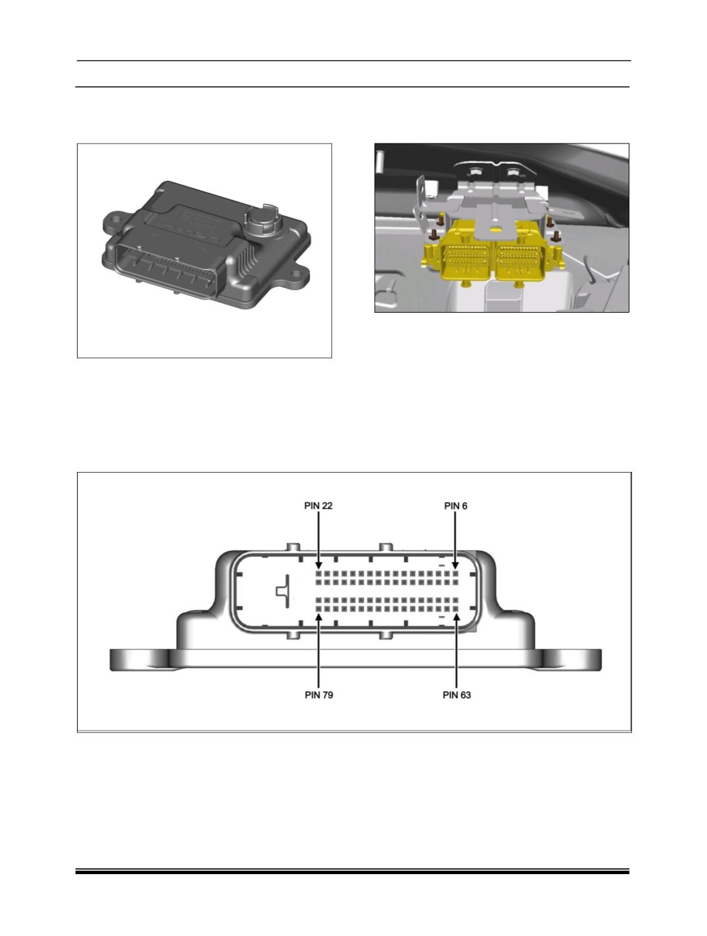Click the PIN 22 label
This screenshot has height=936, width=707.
(318, 506)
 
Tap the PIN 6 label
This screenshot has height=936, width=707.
(456, 506)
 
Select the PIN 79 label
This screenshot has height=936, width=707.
(319, 695)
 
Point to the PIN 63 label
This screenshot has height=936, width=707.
(456, 695)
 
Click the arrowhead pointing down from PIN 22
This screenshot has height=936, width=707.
(319, 565)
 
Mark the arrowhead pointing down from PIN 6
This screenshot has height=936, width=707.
(456, 565)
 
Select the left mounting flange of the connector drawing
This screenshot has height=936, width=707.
(141, 660)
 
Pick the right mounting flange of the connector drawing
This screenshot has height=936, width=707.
(571, 660)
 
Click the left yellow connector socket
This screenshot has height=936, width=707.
(466, 260)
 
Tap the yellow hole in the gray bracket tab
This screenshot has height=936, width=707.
(494, 229)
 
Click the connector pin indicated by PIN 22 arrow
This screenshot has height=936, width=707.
(319, 573)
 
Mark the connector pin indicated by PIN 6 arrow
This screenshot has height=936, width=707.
(456, 573)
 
